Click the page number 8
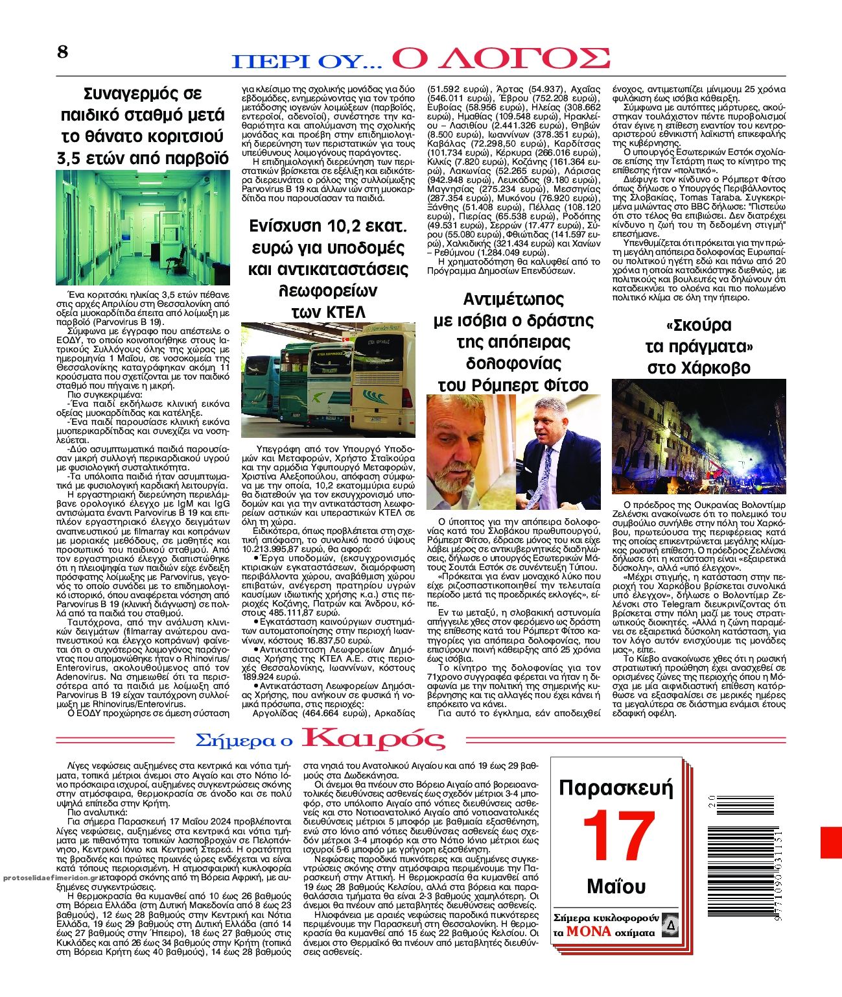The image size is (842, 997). [x=62, y=51]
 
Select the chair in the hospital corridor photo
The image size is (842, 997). [x=172, y=265]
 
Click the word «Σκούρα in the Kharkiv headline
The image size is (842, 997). [x=699, y=325]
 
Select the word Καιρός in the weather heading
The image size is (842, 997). [x=374, y=739]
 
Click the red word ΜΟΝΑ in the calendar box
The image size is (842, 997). [x=588, y=931]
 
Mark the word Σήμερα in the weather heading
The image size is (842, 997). [x=244, y=740]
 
